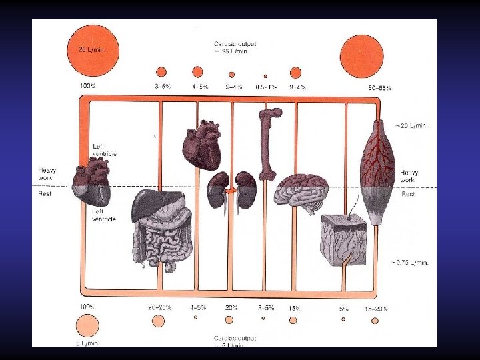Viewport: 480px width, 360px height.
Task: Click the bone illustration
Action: coord(267,143)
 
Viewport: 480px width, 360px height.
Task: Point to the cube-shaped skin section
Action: coord(345,240)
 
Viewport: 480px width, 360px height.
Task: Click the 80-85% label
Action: coord(380,87)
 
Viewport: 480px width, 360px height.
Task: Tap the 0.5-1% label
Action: coord(267,87)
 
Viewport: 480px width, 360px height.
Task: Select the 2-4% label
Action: coord(233,87)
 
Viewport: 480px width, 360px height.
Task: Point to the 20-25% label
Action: coord(159,308)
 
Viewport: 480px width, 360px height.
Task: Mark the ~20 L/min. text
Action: coord(412,125)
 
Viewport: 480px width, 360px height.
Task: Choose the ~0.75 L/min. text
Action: coord(411,263)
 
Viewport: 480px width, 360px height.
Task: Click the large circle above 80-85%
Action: coord(363,55)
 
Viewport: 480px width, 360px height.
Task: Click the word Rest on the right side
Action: coord(407,195)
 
